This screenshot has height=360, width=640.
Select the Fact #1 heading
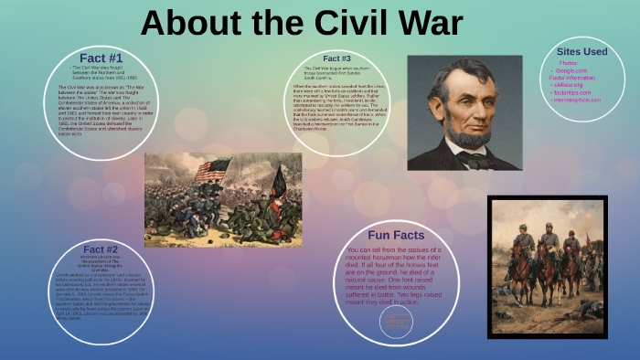pos(101,58)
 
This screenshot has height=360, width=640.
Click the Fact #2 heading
pos(101,249)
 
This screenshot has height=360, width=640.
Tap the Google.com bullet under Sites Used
pos(571,70)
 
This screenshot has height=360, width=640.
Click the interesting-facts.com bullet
pos(578,100)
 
